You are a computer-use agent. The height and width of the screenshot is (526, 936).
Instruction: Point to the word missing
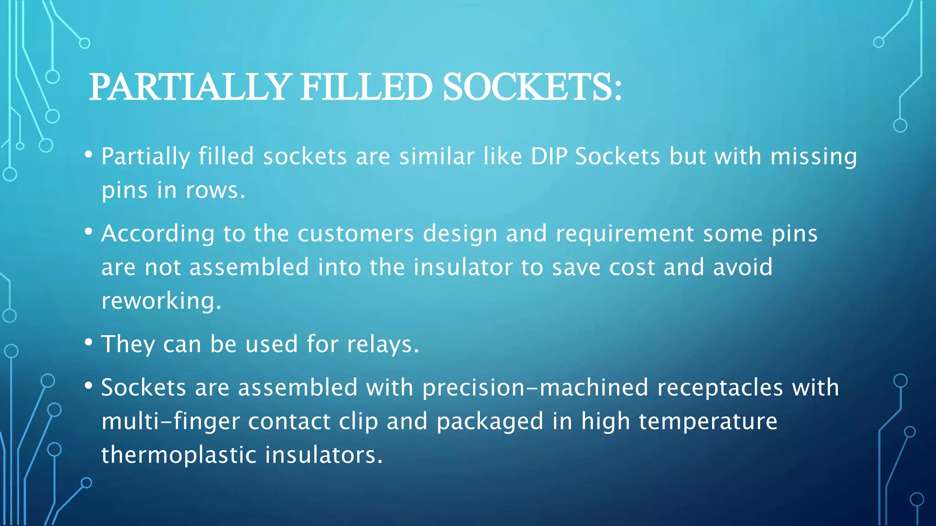(814, 157)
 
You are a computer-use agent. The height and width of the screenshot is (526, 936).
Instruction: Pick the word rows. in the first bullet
(216, 190)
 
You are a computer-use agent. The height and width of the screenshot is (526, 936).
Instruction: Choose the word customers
(356, 234)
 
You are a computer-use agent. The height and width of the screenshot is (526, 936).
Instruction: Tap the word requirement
(625, 234)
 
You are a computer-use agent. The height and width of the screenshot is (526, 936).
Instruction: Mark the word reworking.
(161, 301)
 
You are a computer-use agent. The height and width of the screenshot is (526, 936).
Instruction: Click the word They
(128, 344)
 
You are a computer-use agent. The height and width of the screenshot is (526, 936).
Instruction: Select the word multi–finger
(170, 421)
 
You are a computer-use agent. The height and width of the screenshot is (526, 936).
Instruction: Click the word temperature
(708, 421)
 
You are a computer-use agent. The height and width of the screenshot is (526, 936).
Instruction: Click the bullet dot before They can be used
(89, 342)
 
